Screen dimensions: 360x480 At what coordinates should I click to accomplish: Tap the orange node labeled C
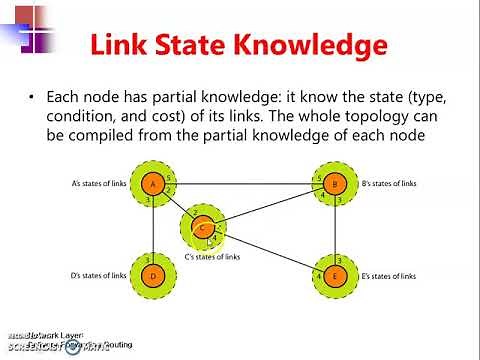[202, 228]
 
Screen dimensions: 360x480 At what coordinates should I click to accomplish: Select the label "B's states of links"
[386, 184]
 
